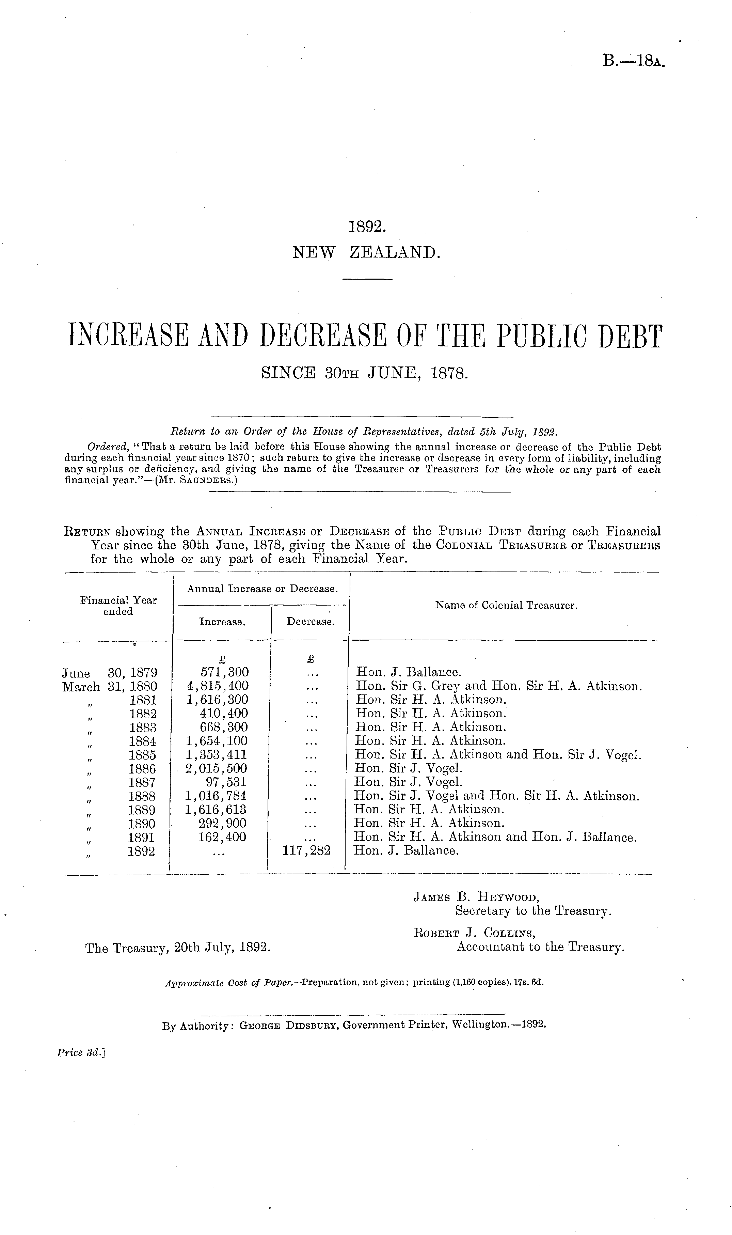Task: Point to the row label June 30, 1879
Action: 110,673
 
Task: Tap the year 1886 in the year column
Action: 142,769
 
